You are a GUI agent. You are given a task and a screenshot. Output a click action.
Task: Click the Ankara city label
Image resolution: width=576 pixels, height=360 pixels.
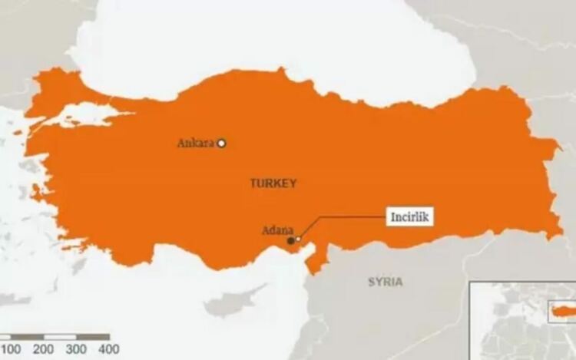(x=195, y=143)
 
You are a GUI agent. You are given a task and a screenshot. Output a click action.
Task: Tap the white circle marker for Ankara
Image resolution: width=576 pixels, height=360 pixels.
(x=221, y=142)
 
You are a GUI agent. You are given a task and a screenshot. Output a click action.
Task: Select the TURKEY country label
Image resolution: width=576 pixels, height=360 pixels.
(x=273, y=183)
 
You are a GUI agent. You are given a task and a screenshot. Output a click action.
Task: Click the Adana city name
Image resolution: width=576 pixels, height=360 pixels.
(x=276, y=230)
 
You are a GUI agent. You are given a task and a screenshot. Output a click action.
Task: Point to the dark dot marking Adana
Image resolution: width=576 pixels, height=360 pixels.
(x=290, y=241)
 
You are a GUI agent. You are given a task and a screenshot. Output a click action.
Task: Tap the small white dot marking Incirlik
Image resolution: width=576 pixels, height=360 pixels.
(x=299, y=239)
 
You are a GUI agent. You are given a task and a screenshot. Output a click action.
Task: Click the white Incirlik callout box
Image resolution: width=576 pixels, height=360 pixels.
(x=409, y=217)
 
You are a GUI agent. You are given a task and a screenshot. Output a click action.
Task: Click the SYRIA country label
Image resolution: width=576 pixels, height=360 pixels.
(x=385, y=282)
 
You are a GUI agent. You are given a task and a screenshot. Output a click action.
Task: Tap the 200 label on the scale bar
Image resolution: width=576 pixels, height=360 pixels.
(x=43, y=349)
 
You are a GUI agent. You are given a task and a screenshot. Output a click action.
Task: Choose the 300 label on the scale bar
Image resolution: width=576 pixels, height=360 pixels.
(x=76, y=349)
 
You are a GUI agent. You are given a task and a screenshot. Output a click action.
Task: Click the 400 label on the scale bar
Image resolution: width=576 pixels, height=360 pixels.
(x=108, y=349)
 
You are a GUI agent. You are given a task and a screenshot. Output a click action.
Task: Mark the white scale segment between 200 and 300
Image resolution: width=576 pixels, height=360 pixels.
(x=60, y=337)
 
